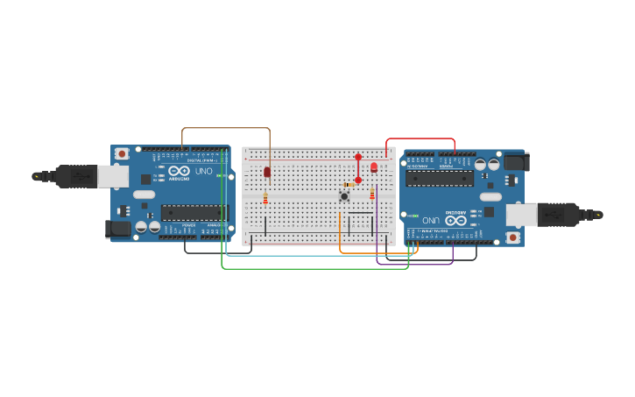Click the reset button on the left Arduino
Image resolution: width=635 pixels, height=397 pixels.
point(122,153)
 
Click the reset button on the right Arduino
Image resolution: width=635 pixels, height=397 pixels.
point(513,237)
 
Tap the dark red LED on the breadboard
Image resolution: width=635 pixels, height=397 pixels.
point(267,172)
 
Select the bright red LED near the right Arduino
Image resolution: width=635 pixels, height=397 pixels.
point(374,167)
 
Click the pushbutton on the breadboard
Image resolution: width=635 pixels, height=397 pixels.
point(344,196)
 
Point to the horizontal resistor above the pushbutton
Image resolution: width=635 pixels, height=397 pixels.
point(349,185)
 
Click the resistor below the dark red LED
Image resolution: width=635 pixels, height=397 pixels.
point(265,199)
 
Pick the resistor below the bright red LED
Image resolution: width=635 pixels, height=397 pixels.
point(371,194)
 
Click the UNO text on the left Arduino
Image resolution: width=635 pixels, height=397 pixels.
point(203,171)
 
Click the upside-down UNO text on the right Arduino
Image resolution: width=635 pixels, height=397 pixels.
point(431,220)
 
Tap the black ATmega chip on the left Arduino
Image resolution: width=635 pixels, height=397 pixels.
point(194,212)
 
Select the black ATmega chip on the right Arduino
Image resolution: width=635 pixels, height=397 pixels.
point(440,179)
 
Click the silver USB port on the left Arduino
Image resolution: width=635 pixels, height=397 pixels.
point(112,176)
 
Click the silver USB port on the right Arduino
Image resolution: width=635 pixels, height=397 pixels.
point(522,215)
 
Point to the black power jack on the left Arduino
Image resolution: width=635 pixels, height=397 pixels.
point(116,229)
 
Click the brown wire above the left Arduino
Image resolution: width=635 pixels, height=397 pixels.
point(225,128)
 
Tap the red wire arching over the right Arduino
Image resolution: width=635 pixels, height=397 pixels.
point(420,138)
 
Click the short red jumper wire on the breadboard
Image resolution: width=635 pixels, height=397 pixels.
point(358,168)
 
